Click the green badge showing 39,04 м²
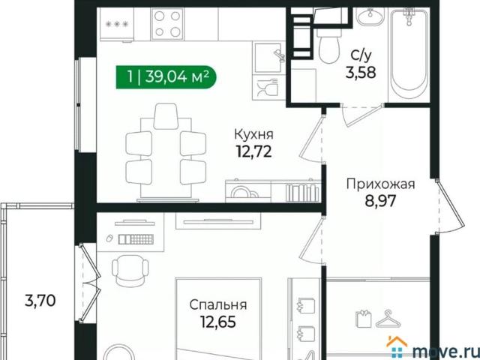tap(166, 76)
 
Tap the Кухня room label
tap(253, 135)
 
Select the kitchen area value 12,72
tap(253, 154)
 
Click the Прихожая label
tap(380, 183)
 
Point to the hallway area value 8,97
tap(380, 201)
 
